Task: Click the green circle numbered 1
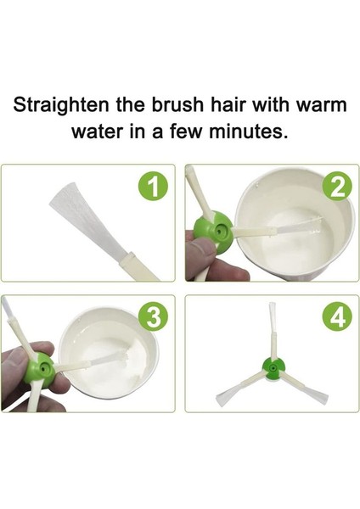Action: coord(154,187)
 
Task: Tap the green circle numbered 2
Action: coord(338,187)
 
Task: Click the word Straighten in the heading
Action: coord(61,105)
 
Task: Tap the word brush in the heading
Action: coord(178,104)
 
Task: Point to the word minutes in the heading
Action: coord(248,131)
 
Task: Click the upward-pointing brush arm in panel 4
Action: coord(273,330)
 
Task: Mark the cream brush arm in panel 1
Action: coord(138,267)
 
